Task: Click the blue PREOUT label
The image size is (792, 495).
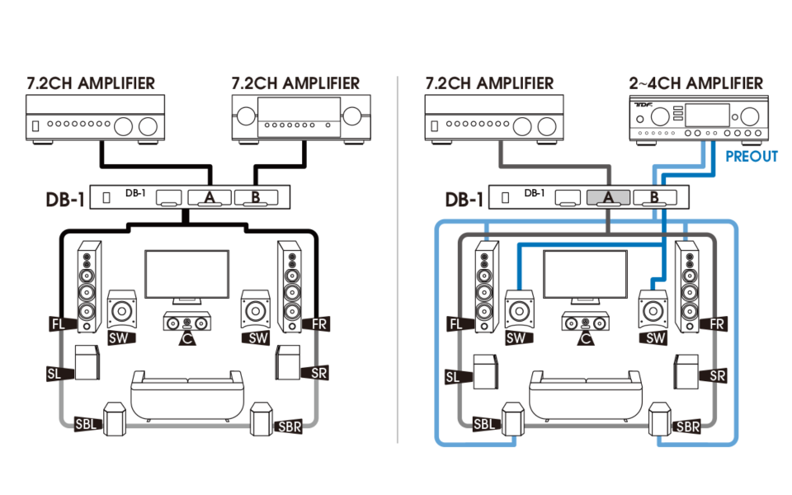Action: [751, 157]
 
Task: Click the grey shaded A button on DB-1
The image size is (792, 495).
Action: [608, 197]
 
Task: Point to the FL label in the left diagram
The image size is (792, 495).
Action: [57, 325]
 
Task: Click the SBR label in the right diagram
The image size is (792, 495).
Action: [687, 427]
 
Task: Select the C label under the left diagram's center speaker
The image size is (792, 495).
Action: [187, 337]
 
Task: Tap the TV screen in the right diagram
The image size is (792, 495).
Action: [585, 276]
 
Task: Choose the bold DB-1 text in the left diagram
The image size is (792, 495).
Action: [66, 200]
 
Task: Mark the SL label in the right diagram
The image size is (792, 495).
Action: [452, 377]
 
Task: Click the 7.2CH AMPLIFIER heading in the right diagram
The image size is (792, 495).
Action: [489, 83]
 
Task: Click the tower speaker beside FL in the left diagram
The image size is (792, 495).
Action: [89, 285]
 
